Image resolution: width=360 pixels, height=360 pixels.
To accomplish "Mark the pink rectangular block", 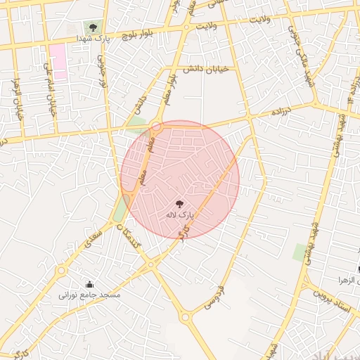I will pos(57,61).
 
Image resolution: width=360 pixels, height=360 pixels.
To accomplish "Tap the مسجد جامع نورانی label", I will pos(90,296).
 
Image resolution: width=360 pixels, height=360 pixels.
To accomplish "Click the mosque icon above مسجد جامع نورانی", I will pos(90,285).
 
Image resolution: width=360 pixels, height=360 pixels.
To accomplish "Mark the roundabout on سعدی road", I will pos(61,269).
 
